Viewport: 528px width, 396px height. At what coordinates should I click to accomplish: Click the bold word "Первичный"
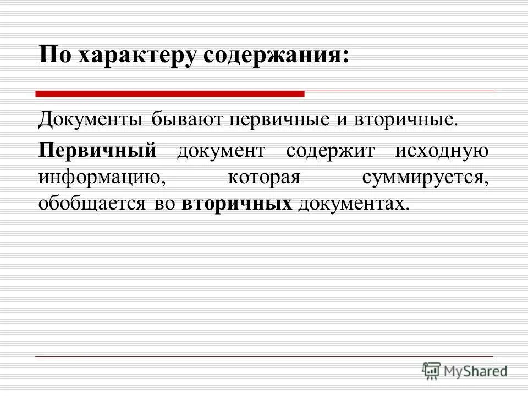[x=97, y=150]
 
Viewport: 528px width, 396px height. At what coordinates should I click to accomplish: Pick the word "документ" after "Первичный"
[x=221, y=150]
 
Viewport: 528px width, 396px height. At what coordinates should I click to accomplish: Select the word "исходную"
[x=441, y=150]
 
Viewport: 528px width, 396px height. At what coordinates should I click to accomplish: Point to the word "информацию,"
[x=101, y=177]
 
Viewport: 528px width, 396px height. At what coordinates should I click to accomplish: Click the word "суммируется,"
[x=425, y=177]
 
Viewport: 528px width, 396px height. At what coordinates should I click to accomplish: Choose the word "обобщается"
[x=92, y=204]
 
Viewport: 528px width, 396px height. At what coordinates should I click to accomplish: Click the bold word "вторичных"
[x=237, y=204]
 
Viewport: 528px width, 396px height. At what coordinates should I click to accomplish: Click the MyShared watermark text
[x=476, y=371]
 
